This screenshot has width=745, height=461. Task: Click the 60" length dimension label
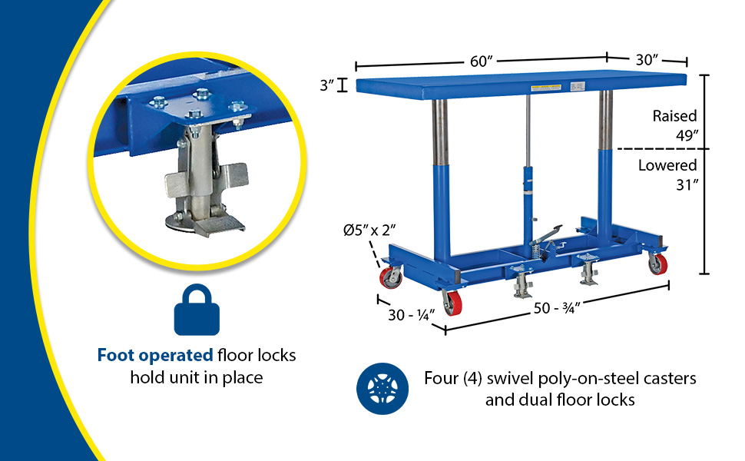pyautogui.click(x=482, y=61)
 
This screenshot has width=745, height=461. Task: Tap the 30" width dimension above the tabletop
pyautogui.click(x=647, y=59)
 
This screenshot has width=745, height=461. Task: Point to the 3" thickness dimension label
pyautogui.click(x=327, y=85)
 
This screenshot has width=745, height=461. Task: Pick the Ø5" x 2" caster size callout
pyautogui.click(x=369, y=230)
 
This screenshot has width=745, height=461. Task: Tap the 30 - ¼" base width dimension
pyautogui.click(x=412, y=315)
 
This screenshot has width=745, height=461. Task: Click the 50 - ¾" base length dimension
pyautogui.click(x=557, y=308)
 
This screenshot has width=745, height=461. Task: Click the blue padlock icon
pyautogui.click(x=197, y=310)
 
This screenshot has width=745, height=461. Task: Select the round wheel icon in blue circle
pyautogui.click(x=382, y=389)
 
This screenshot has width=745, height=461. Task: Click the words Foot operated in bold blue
pyautogui.click(x=155, y=356)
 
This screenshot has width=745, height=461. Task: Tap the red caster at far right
pyautogui.click(x=658, y=264)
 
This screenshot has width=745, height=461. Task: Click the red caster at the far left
pyautogui.click(x=391, y=277)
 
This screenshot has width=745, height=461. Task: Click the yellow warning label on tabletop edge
pyautogui.click(x=546, y=88)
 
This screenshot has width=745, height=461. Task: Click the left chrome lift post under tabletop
pyautogui.click(x=440, y=133)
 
